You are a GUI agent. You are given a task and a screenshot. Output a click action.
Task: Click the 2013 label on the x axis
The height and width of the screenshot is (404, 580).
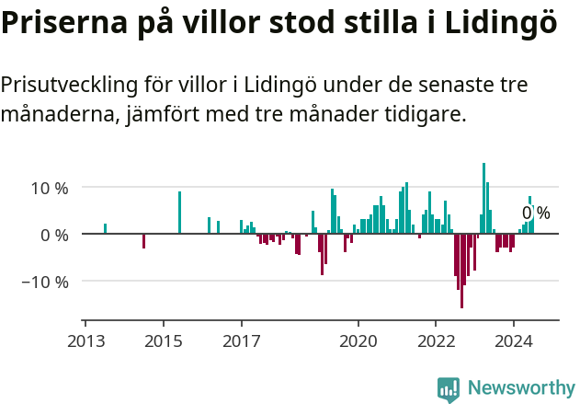click(85, 340)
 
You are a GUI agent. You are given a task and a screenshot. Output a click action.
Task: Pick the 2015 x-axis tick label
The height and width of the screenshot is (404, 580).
click(163, 340)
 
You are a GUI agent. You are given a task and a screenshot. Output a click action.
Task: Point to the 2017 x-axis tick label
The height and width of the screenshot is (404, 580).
click(241, 340)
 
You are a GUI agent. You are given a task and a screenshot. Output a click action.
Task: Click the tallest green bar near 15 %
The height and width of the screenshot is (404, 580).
click(484, 198)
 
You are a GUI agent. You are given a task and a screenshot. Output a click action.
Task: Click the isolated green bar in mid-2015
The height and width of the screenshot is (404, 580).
click(179, 213)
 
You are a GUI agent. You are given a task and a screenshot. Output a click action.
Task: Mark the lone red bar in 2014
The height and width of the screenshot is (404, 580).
click(144, 241)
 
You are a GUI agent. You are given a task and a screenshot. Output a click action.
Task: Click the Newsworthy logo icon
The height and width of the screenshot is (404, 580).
click(449, 389)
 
